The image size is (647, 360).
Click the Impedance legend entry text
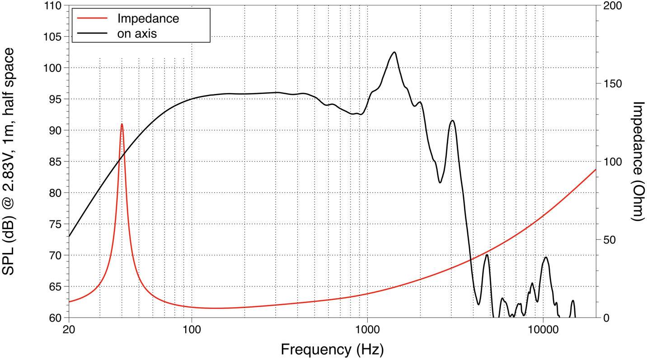(x=148, y=19)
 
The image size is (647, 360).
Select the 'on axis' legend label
(x=137, y=33)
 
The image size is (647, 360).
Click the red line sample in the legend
(x=93, y=19)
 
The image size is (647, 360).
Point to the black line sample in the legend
(x=93, y=33)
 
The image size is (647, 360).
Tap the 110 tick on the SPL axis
(x=53, y=6)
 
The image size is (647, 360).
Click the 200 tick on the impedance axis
(x=613, y=6)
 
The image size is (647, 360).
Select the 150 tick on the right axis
(x=613, y=84)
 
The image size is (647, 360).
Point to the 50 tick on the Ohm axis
(x=610, y=240)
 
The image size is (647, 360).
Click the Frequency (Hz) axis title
(x=332, y=349)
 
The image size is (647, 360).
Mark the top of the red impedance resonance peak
(x=122, y=124)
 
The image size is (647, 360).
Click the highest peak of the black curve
(x=394, y=52)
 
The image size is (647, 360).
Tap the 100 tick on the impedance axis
(x=613, y=162)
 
